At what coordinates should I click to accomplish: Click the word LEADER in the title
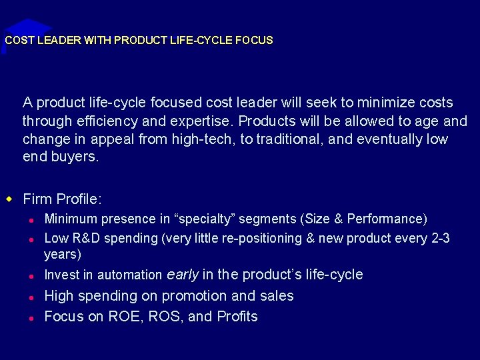coord(58,40)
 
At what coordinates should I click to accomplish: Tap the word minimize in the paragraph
coord(383,103)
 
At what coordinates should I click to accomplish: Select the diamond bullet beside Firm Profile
coord(9,199)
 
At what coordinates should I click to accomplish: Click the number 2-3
coord(440,239)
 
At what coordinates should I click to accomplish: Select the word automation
coord(129,275)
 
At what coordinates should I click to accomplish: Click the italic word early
coord(183,275)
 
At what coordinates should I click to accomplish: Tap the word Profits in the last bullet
coord(237,317)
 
